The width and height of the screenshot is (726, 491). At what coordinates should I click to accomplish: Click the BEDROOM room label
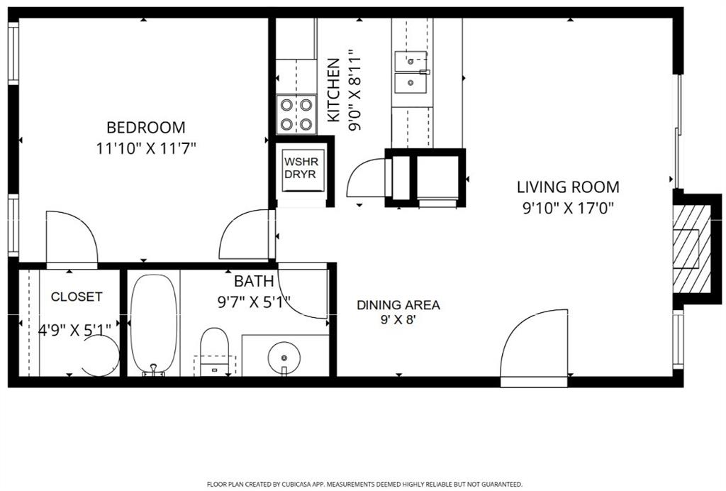click(x=145, y=128)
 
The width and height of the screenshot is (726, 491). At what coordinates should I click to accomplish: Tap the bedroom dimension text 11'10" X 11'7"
click(x=145, y=149)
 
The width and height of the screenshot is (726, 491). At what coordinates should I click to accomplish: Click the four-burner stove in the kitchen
click(x=296, y=114)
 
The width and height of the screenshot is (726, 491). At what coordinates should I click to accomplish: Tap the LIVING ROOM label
click(x=567, y=187)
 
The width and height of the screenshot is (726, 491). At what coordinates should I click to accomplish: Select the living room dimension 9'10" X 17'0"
click(x=567, y=209)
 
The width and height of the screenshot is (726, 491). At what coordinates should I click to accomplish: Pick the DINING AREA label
click(x=398, y=305)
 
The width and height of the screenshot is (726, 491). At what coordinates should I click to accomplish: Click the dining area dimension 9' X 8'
click(x=398, y=320)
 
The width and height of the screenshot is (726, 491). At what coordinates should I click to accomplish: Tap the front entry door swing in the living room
click(x=535, y=344)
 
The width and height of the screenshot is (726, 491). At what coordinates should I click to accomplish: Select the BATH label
click(x=249, y=282)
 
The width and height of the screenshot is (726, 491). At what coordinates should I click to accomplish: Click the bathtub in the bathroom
click(x=152, y=323)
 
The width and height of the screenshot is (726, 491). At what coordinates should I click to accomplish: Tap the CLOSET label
click(x=77, y=297)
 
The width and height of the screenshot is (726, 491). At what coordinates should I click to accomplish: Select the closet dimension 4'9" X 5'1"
click(x=74, y=329)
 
